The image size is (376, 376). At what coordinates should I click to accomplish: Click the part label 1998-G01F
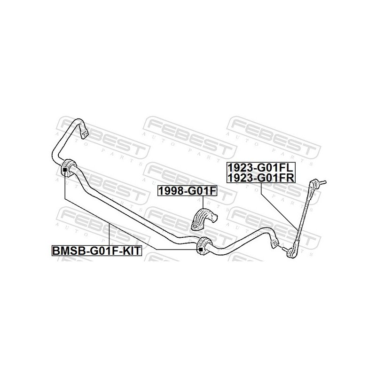pos(187,191)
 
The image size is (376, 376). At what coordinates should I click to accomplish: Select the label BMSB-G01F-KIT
pos(96,251)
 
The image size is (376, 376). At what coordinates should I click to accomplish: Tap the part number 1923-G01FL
pos(261,167)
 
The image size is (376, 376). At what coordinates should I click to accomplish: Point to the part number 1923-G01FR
pos(261,178)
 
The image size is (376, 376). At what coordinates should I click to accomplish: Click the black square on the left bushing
pos(64,170)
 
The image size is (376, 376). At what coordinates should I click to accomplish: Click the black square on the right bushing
pos(201,250)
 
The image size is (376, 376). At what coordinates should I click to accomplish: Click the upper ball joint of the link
pos(314,183)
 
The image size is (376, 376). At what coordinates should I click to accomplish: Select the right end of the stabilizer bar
pos(275,243)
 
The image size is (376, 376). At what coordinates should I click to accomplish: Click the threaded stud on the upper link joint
pos(322,182)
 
